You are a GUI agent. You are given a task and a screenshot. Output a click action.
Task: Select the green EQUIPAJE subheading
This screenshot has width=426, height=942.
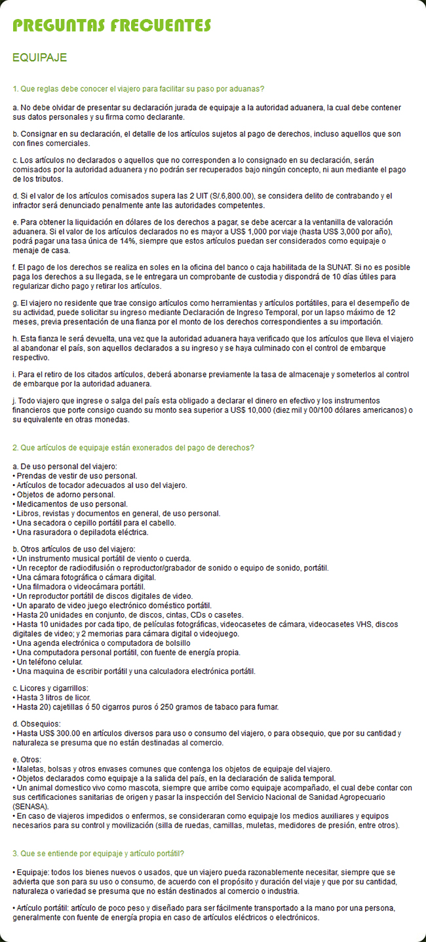[40, 58]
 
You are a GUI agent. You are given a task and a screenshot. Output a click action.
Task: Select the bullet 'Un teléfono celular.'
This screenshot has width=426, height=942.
[51, 662]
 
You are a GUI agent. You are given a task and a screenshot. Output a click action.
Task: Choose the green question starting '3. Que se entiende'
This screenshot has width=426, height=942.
[98, 854]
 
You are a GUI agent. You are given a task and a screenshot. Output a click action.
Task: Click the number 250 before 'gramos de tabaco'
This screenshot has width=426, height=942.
[170, 706]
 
